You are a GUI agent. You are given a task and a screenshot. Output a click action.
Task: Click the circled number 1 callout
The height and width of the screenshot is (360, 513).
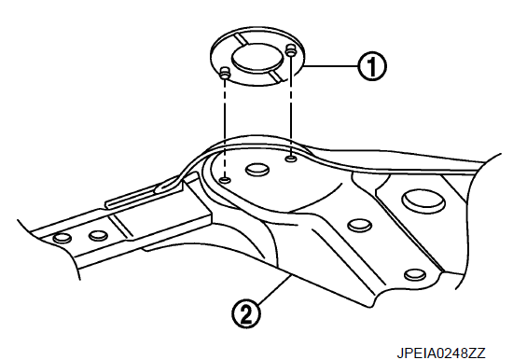372,66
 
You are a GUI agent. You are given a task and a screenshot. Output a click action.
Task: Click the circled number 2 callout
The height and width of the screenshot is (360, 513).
246,313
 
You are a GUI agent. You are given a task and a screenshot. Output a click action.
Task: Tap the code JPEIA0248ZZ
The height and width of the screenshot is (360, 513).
441,353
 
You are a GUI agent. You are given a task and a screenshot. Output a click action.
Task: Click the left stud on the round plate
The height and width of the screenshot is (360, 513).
225,73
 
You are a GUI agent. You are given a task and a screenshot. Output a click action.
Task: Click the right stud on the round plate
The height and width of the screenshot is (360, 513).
290,50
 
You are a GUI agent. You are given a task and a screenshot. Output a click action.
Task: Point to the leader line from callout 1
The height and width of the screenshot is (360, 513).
331,66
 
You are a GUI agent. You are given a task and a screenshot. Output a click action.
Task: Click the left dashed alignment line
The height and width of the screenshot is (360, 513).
225,128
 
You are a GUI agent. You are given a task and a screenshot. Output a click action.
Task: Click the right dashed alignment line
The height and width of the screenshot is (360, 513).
291,105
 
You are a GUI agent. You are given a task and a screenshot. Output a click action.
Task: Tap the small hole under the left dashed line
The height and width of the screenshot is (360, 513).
225,180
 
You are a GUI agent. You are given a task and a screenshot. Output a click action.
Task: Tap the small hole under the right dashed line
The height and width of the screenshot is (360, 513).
291,159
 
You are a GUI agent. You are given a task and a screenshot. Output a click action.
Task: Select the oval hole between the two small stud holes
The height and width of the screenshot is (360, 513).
257,170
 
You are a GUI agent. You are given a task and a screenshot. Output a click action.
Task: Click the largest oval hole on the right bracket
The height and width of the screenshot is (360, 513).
423,201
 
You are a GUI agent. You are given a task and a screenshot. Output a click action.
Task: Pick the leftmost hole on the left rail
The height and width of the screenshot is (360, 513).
62,238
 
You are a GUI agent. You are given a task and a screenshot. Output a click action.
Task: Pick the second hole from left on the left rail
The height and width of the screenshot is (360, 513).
98,235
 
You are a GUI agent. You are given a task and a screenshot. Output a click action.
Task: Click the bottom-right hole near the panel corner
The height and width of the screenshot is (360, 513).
415,274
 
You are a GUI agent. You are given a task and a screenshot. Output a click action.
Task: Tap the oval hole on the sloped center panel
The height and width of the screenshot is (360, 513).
359,225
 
